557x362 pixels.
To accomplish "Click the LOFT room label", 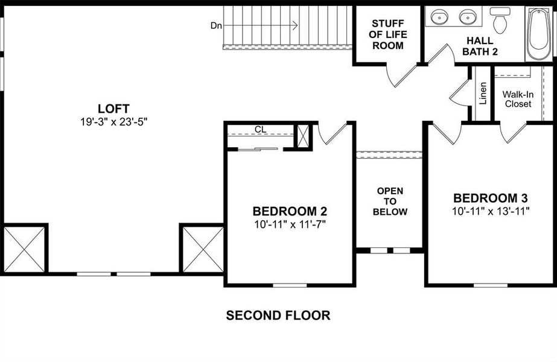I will tap(113, 109).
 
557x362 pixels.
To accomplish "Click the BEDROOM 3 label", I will tap(491, 198).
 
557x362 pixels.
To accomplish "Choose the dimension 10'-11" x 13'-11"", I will tap(491, 211).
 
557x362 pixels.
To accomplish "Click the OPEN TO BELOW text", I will tap(389, 202).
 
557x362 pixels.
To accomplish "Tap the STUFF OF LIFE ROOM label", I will tap(387, 34).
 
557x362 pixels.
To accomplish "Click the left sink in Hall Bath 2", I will tap(441, 17).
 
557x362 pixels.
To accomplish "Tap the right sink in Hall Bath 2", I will tap(468, 17).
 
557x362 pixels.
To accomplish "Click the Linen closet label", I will tap(483, 94).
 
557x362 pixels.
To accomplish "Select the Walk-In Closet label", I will tap(518, 99).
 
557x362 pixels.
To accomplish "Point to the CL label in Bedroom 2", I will tap(260, 129).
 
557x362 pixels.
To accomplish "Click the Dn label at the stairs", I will tap(216, 25).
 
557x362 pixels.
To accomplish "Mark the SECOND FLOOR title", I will tap(278, 315).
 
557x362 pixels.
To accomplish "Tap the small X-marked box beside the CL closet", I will tap(303, 136).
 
